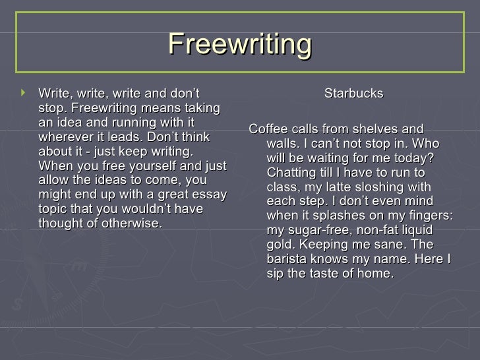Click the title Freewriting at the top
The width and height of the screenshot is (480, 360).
[x=240, y=44]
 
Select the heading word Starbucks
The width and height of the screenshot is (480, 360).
[x=353, y=94]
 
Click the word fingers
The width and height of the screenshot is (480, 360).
[x=429, y=216]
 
